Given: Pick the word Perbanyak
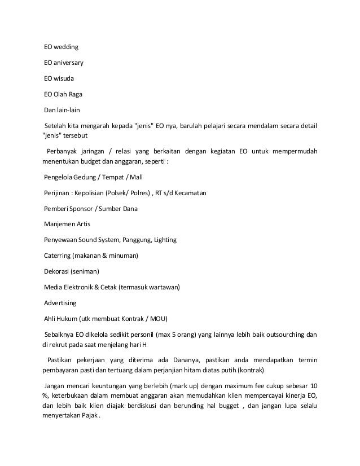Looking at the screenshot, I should pos(65,151).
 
